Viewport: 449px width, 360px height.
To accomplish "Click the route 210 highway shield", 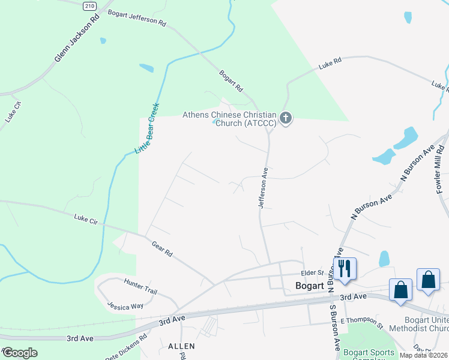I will click(89, 5).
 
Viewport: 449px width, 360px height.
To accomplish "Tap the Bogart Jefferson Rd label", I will click(136, 17).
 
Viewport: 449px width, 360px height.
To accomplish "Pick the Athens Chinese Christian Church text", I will click(229, 119).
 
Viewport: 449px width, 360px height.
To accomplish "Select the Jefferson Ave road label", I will click(263, 188).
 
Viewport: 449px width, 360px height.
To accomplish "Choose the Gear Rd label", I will click(162, 250).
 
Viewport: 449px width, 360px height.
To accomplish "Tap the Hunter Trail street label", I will click(140, 286).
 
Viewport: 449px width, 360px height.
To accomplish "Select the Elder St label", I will click(312, 272).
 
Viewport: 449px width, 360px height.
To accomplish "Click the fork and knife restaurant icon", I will click(345, 268).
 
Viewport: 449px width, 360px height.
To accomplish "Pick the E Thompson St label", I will click(361, 325).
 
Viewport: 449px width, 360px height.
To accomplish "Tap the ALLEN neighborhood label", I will click(181, 346).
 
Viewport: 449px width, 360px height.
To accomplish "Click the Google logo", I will click(20, 353).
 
